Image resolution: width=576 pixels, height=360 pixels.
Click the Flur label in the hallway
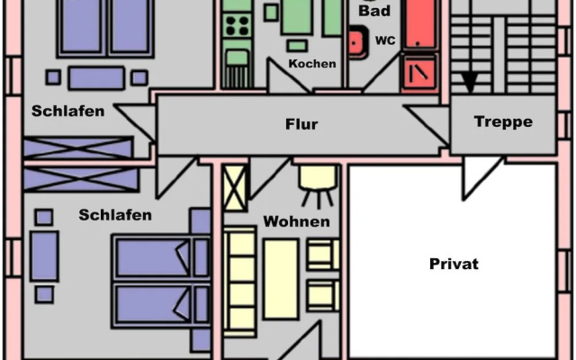[x=301, y=124]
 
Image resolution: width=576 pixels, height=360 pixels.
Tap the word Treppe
[x=503, y=121]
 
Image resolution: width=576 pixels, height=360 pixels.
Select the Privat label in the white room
[x=454, y=264]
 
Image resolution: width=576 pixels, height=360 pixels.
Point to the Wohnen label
[x=296, y=221]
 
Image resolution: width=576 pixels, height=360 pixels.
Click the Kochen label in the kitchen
[x=312, y=64]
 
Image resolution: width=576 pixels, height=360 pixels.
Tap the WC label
[x=385, y=40]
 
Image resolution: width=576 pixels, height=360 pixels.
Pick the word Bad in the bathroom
[x=374, y=11]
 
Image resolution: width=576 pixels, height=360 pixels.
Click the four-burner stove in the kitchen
[x=237, y=26]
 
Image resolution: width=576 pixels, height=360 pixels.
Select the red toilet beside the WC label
[x=358, y=42]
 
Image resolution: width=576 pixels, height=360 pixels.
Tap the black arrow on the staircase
[x=469, y=82]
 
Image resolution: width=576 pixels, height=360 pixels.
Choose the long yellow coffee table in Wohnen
[x=281, y=279]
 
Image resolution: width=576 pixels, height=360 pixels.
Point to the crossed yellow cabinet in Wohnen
[x=235, y=188]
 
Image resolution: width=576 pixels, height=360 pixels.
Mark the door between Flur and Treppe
[x=427, y=124]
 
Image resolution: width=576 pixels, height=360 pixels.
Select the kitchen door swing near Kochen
[x=286, y=75]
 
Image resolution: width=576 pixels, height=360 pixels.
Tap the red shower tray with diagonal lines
[x=419, y=72]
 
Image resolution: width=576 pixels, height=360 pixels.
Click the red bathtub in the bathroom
[x=420, y=24]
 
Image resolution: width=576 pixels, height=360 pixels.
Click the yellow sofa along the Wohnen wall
[x=240, y=282]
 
